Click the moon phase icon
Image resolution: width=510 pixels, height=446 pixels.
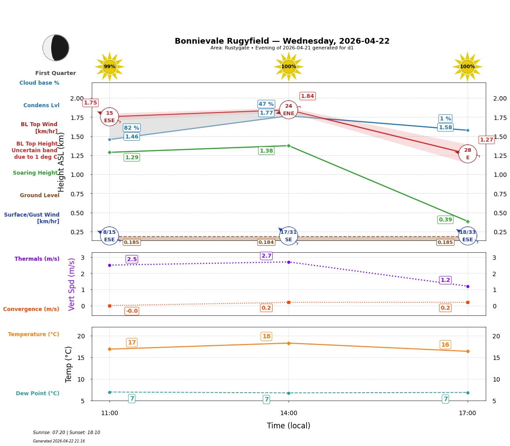pyautogui.click(x=56, y=48)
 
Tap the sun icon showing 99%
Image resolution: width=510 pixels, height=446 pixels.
pyautogui.click(x=109, y=67)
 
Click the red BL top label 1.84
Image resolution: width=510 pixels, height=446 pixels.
pyautogui.click(x=307, y=96)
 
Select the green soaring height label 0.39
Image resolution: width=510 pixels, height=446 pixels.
pyautogui.click(x=445, y=220)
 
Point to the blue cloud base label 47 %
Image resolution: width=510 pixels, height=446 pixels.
pyautogui.click(x=266, y=104)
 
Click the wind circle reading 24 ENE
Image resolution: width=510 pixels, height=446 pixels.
pyautogui.click(x=289, y=110)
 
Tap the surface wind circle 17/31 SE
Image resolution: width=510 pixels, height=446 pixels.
pyautogui.click(x=289, y=236)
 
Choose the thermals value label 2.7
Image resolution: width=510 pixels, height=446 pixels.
pyautogui.click(x=266, y=256)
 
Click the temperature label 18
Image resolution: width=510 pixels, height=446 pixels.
pyautogui.click(x=266, y=337)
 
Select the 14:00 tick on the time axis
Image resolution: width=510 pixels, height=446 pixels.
pyautogui.click(x=289, y=413)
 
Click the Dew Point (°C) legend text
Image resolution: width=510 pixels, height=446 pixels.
pyautogui.click(x=37, y=394)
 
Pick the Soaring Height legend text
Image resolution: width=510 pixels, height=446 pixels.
pyautogui.click(x=35, y=173)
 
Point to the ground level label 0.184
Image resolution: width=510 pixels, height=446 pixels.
pyautogui.click(x=266, y=242)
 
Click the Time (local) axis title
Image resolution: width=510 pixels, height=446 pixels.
pyautogui.click(x=289, y=426)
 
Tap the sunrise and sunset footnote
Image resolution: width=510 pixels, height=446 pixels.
pyautogui.click(x=67, y=433)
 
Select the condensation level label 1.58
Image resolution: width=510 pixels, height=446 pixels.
pyautogui.click(x=445, y=127)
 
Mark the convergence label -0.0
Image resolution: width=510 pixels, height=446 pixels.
pyautogui.click(x=131, y=311)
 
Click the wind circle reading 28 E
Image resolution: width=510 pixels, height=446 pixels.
pyautogui.click(x=468, y=154)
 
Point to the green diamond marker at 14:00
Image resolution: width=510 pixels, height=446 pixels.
pyautogui.click(x=289, y=146)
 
